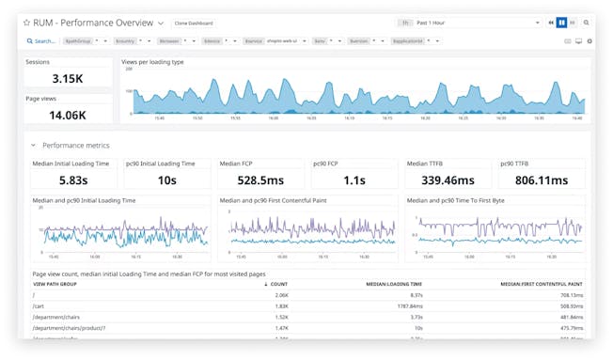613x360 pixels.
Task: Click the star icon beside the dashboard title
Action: [x=27, y=23]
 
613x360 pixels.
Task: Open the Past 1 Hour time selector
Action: [x=470, y=23]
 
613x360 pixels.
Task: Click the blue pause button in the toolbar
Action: [x=562, y=23]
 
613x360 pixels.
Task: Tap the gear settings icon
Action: [x=589, y=41]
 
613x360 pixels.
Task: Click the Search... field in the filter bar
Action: [x=41, y=41]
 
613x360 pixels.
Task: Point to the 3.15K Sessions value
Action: [x=68, y=79]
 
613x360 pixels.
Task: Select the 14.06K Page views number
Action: [x=68, y=115]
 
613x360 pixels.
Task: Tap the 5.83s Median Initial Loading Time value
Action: [x=72, y=180]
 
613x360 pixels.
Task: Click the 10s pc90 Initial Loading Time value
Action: [x=166, y=180]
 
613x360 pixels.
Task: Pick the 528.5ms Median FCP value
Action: [x=259, y=180]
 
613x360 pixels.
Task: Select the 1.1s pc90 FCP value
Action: [x=354, y=180]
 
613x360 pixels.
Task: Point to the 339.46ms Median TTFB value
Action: [x=448, y=180]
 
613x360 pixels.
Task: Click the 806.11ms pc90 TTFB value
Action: [x=542, y=180]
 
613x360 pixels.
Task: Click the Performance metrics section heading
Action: [x=75, y=146]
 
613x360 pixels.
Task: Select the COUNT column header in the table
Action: [x=278, y=283]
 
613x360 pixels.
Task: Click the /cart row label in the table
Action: [x=39, y=305]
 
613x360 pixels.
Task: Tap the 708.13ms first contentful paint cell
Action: [x=570, y=294]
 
